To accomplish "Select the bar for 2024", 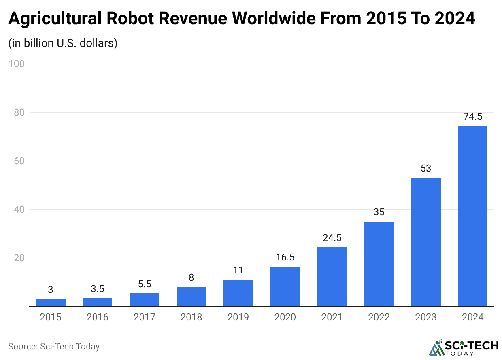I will pyautogui.click(x=472, y=216).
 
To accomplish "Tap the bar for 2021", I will pyautogui.click(x=332, y=277).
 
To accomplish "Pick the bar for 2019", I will pyautogui.click(x=238, y=293).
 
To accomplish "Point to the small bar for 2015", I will pyautogui.click(x=51, y=303).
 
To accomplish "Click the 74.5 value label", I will pyautogui.click(x=472, y=117).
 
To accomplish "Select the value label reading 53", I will pyautogui.click(x=426, y=168).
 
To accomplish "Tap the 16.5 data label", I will pyautogui.click(x=285, y=257).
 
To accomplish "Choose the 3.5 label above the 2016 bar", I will pyautogui.click(x=98, y=289).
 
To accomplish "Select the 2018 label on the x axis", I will pyautogui.click(x=191, y=317).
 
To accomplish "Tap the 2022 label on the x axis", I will pyautogui.click(x=379, y=317).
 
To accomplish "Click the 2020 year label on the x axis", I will pyautogui.click(x=285, y=317).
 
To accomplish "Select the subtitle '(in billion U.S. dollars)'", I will pyautogui.click(x=63, y=43).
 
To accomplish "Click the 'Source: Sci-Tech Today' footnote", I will pyautogui.click(x=54, y=347).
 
